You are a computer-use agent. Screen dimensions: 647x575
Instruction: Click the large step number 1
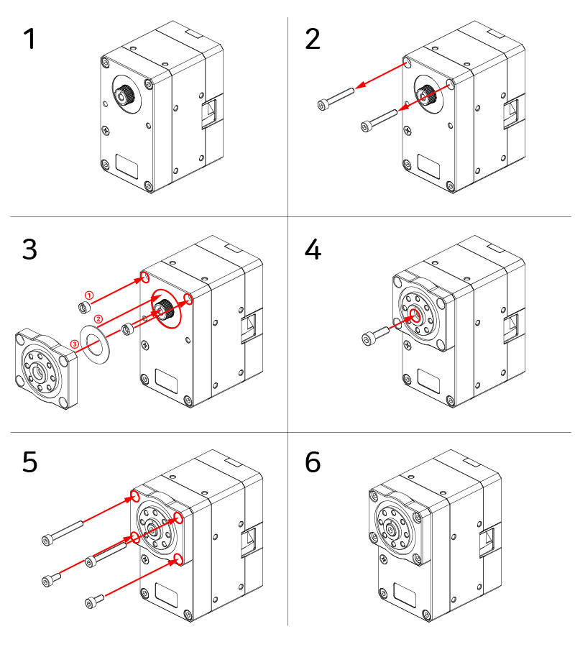(x=29, y=39)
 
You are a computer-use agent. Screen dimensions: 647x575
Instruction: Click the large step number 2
(x=313, y=39)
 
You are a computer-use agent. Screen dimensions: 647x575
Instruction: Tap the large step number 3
(x=29, y=249)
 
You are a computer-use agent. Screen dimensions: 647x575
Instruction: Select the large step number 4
(x=313, y=249)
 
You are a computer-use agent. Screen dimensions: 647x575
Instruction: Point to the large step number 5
(x=29, y=462)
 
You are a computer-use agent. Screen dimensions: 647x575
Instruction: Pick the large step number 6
(x=313, y=462)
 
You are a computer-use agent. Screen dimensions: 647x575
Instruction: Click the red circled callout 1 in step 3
(x=89, y=295)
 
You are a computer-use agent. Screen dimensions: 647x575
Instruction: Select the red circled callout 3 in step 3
(x=74, y=344)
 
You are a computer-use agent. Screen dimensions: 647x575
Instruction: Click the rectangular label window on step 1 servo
(x=127, y=167)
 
